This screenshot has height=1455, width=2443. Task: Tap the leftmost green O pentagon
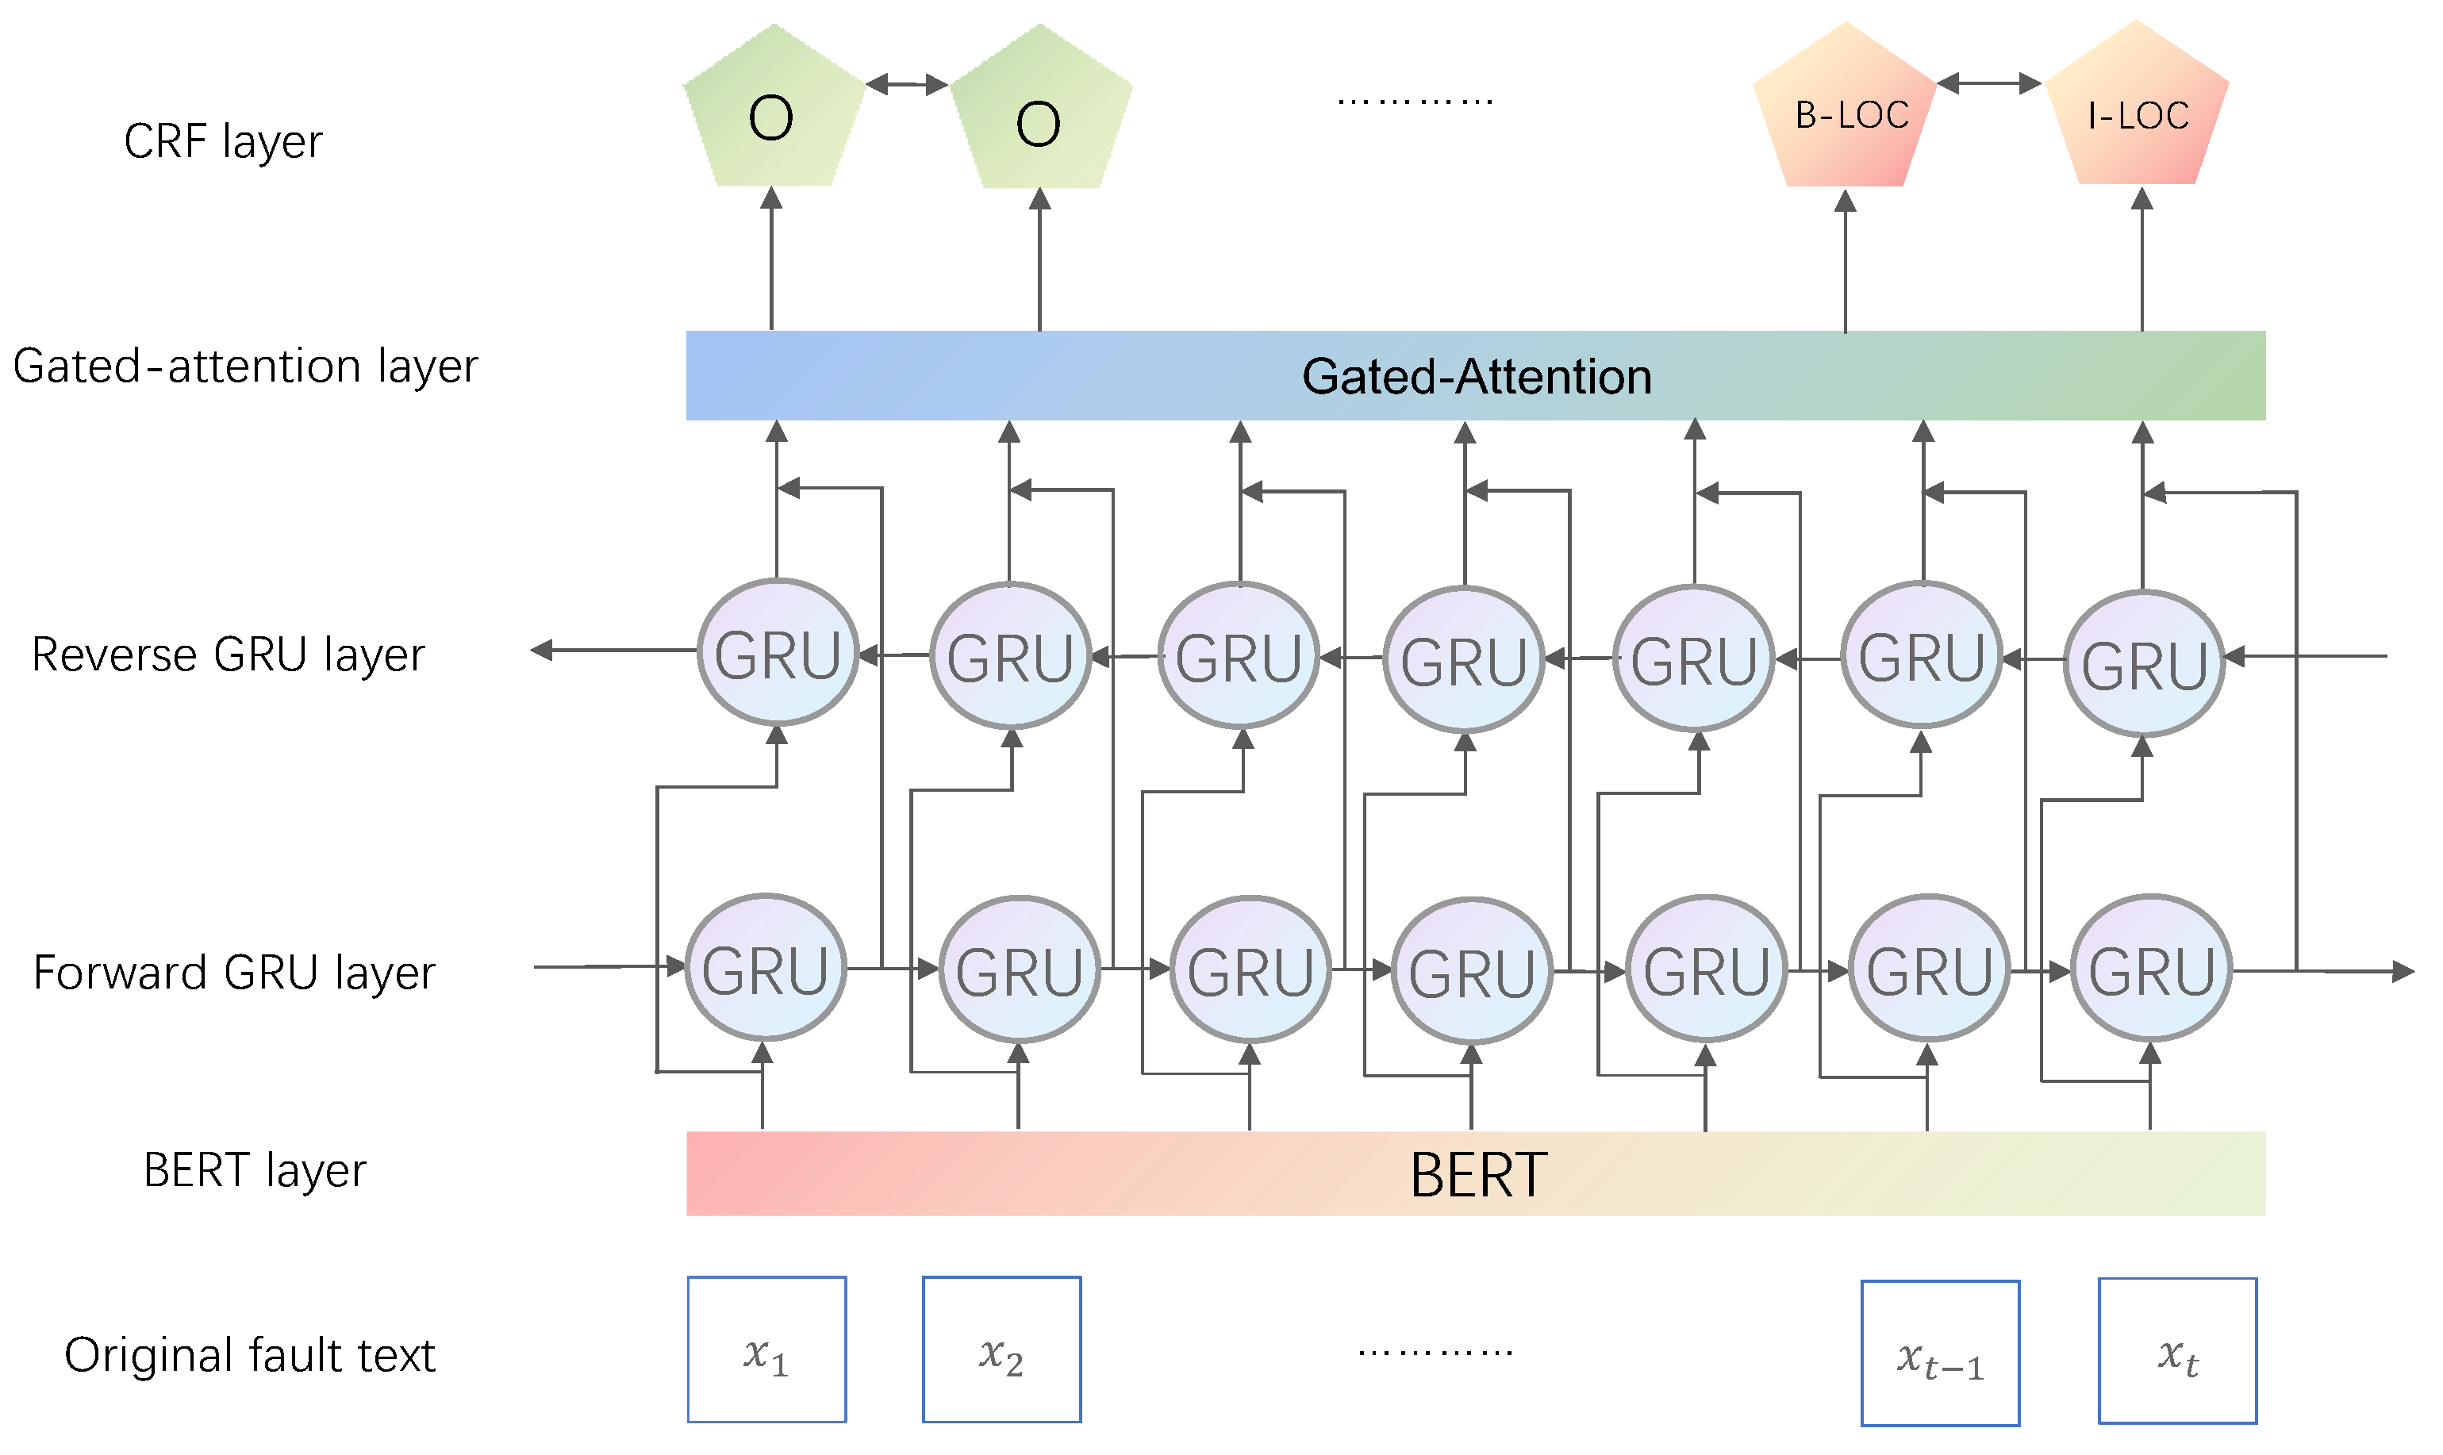point(773,113)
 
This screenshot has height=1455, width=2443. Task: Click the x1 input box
point(766,1350)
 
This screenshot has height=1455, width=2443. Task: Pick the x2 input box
point(1001,1350)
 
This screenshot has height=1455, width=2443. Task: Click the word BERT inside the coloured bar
point(1477,1176)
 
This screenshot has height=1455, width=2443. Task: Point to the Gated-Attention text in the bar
point(1477,378)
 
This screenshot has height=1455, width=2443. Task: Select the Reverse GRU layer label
point(229,656)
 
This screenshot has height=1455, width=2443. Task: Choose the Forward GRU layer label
point(233,973)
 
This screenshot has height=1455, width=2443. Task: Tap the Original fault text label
point(249,1356)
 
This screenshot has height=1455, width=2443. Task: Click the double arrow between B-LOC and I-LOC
point(1989,83)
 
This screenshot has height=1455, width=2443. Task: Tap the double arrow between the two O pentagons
point(907,84)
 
